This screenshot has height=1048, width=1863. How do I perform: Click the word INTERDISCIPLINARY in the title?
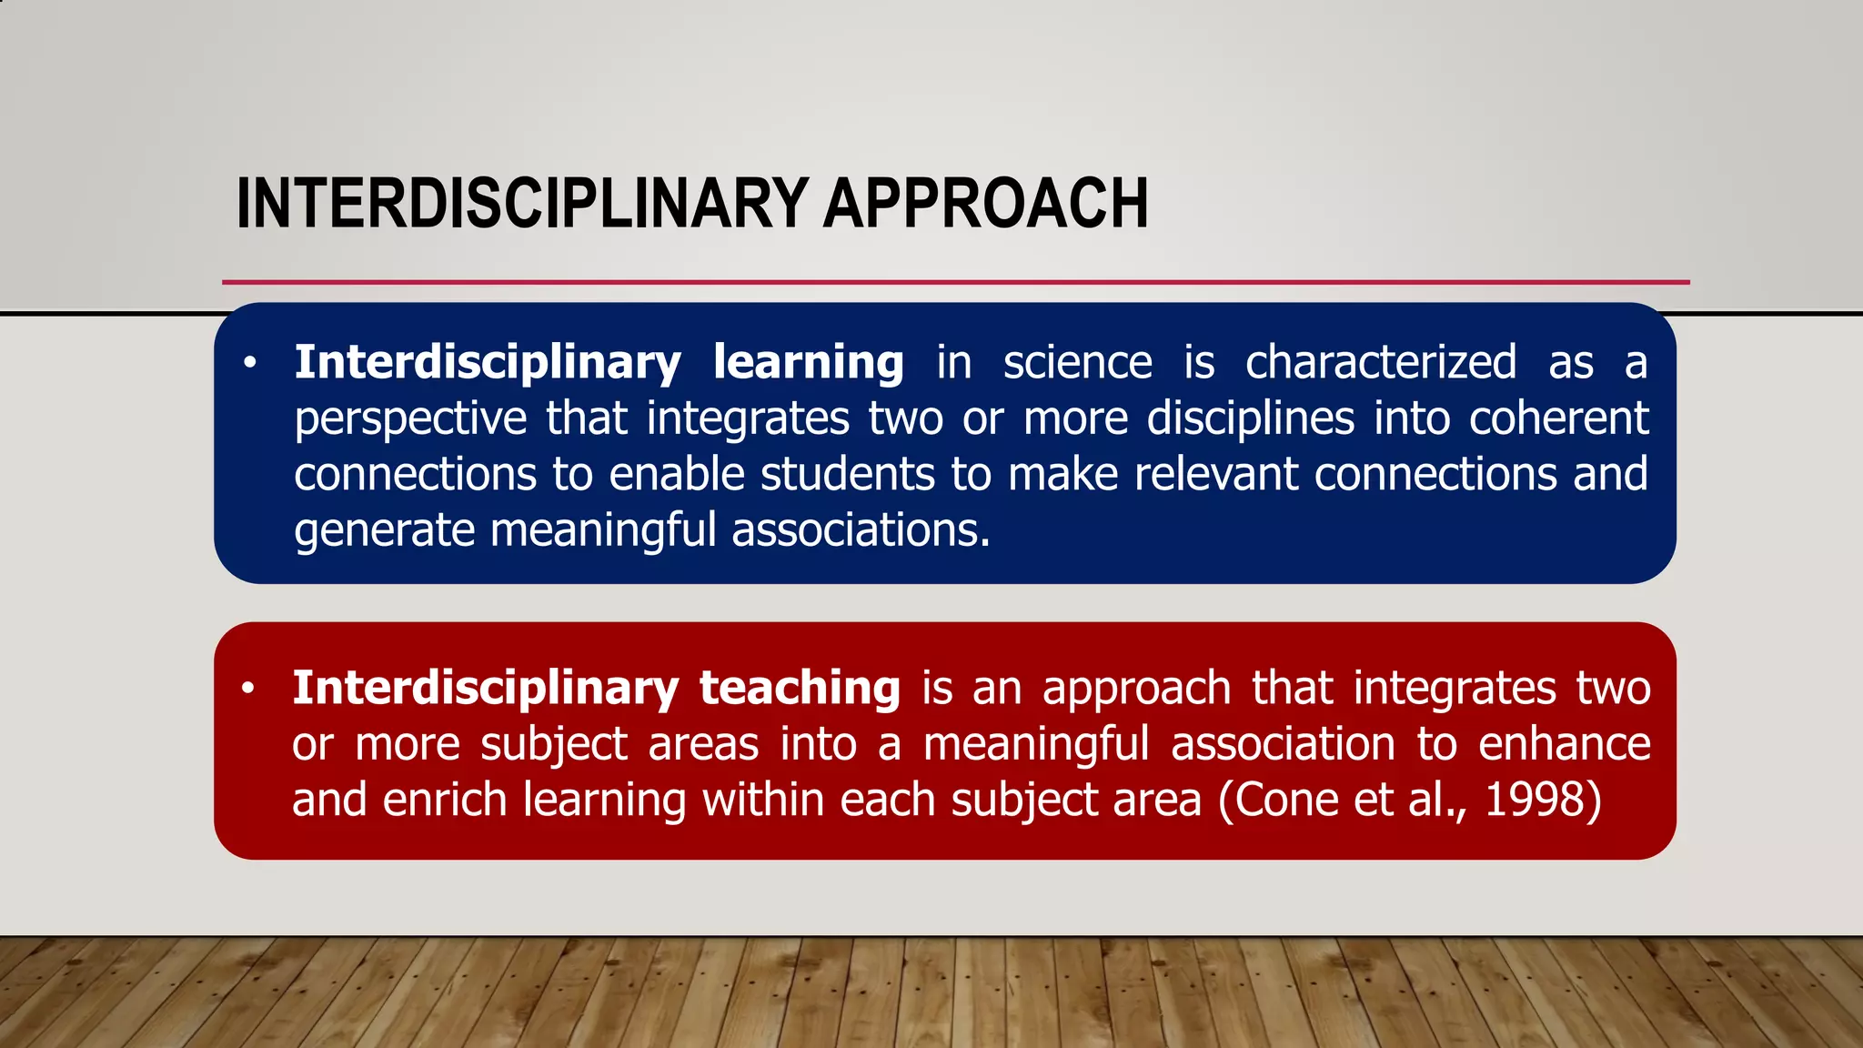pos(522,203)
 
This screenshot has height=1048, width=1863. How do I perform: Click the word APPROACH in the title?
pos(985,203)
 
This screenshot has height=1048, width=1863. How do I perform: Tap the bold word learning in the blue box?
pos(808,363)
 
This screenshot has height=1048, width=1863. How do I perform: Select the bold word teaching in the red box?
pos(800,688)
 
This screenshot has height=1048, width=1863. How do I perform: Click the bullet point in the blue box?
pos(250,364)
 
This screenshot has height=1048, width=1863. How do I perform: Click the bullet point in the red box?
pos(248,689)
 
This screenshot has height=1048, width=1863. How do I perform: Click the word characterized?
pos(1380,363)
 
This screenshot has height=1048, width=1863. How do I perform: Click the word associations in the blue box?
pos(860,530)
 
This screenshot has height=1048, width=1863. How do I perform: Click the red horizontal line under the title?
pos(955,282)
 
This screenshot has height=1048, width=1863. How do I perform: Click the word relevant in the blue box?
pos(1215,475)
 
